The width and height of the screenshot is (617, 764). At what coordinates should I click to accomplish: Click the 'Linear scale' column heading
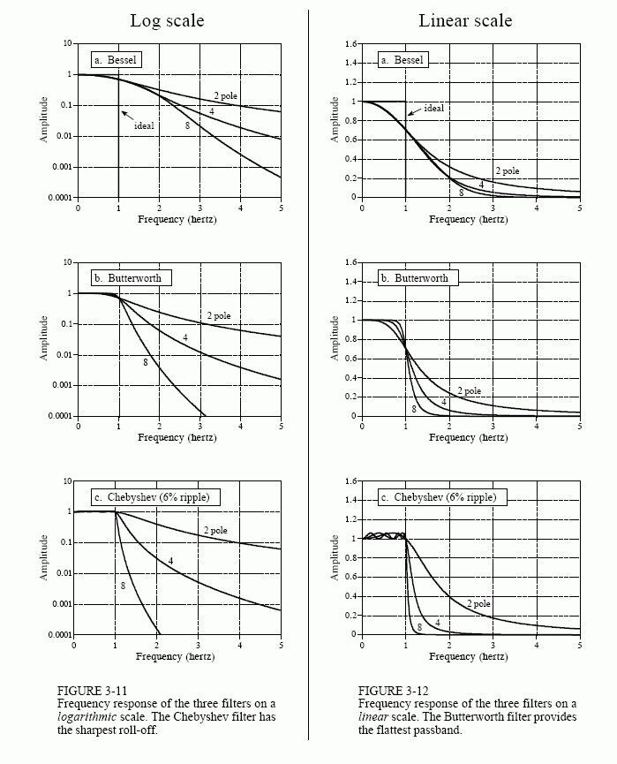465,20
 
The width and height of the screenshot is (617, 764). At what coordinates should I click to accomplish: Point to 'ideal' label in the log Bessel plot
144,125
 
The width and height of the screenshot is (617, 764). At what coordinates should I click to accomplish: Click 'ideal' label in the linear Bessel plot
433,108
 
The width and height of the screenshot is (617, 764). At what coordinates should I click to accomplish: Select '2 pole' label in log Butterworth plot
219,315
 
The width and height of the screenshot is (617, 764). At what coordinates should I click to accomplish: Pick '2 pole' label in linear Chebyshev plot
479,603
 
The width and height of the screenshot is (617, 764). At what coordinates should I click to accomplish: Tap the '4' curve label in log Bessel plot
212,110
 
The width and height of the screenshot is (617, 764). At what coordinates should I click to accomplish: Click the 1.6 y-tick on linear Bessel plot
350,44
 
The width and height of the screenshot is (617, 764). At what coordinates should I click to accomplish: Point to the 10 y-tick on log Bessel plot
67,44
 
